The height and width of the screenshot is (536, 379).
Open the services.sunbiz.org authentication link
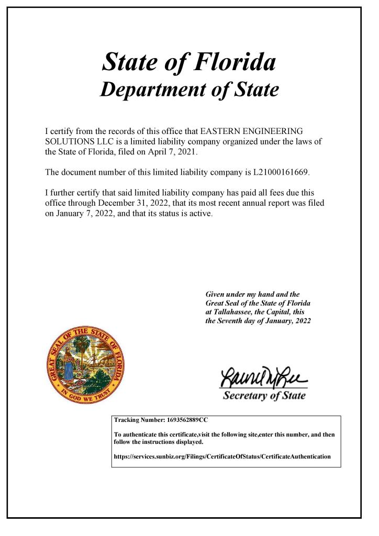click(x=222, y=456)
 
